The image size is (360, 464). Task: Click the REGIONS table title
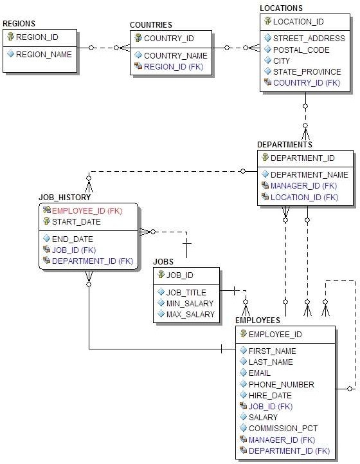click(x=19, y=24)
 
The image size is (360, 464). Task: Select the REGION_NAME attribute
click(x=44, y=55)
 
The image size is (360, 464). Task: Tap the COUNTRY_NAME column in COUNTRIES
click(x=175, y=55)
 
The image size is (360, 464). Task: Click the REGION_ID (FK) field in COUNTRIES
click(x=174, y=66)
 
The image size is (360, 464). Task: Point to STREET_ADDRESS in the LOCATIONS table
click(x=309, y=38)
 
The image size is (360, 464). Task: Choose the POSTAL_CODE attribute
click(x=301, y=50)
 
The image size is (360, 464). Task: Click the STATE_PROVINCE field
click(x=307, y=71)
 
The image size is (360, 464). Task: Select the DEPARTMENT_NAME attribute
click(x=309, y=174)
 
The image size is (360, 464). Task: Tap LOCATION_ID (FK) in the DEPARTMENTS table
click(x=304, y=197)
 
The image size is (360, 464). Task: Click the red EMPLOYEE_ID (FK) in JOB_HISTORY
click(x=87, y=210)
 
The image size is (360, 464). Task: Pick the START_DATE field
click(x=76, y=221)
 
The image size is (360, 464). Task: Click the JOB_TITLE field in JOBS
click(x=186, y=292)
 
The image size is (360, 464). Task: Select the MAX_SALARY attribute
click(x=190, y=314)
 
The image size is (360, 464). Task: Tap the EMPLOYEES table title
click(x=257, y=320)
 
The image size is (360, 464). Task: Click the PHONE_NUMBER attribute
click(x=282, y=384)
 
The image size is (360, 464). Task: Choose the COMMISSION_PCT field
click(x=283, y=428)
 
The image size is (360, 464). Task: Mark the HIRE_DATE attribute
click(x=270, y=395)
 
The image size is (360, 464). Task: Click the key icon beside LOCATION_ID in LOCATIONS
click(x=267, y=21)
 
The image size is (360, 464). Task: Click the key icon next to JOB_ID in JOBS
click(x=161, y=275)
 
